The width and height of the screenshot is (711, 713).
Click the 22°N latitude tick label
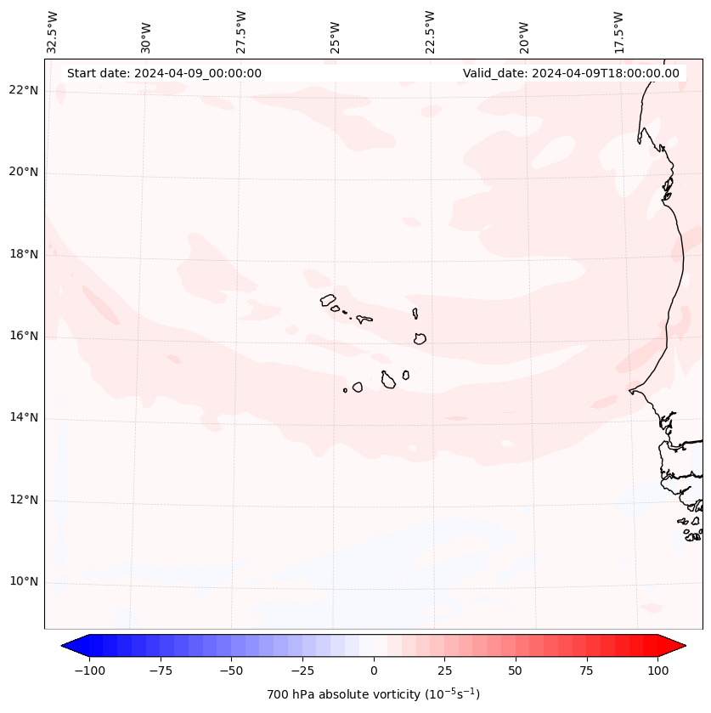23,91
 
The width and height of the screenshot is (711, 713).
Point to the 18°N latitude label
23,254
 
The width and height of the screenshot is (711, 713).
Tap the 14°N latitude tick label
23,418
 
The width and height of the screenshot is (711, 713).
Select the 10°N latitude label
23,582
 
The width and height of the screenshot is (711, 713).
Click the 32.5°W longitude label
53,31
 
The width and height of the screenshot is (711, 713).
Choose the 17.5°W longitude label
619,31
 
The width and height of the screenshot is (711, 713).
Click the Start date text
164,73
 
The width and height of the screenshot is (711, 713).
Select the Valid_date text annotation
571,73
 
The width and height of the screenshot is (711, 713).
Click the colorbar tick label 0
374,671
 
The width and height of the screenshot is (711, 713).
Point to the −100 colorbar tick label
89,671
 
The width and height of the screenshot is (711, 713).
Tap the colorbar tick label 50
516,671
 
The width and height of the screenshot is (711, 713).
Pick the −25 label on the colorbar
302,671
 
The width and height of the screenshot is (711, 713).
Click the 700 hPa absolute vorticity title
374,694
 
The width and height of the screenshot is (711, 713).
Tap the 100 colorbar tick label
657,671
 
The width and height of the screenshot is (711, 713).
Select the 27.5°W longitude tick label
241,31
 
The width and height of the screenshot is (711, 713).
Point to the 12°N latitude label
23,500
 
